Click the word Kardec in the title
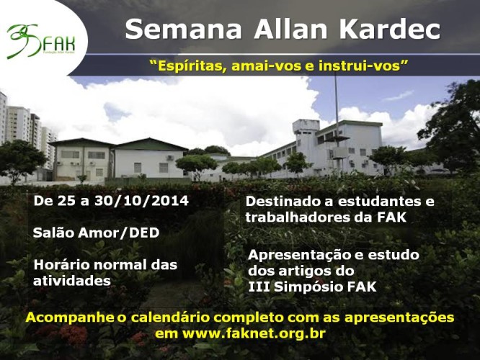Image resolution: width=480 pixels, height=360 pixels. click(x=390, y=30)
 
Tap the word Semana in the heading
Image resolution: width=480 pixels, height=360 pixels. click(x=183, y=30)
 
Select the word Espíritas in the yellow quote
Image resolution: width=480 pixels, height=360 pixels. click(x=187, y=66)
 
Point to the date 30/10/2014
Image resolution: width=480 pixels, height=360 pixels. click(x=141, y=201)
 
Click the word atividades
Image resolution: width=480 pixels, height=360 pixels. click(x=72, y=281)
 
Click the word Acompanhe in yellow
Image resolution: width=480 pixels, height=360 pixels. click(x=69, y=318)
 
